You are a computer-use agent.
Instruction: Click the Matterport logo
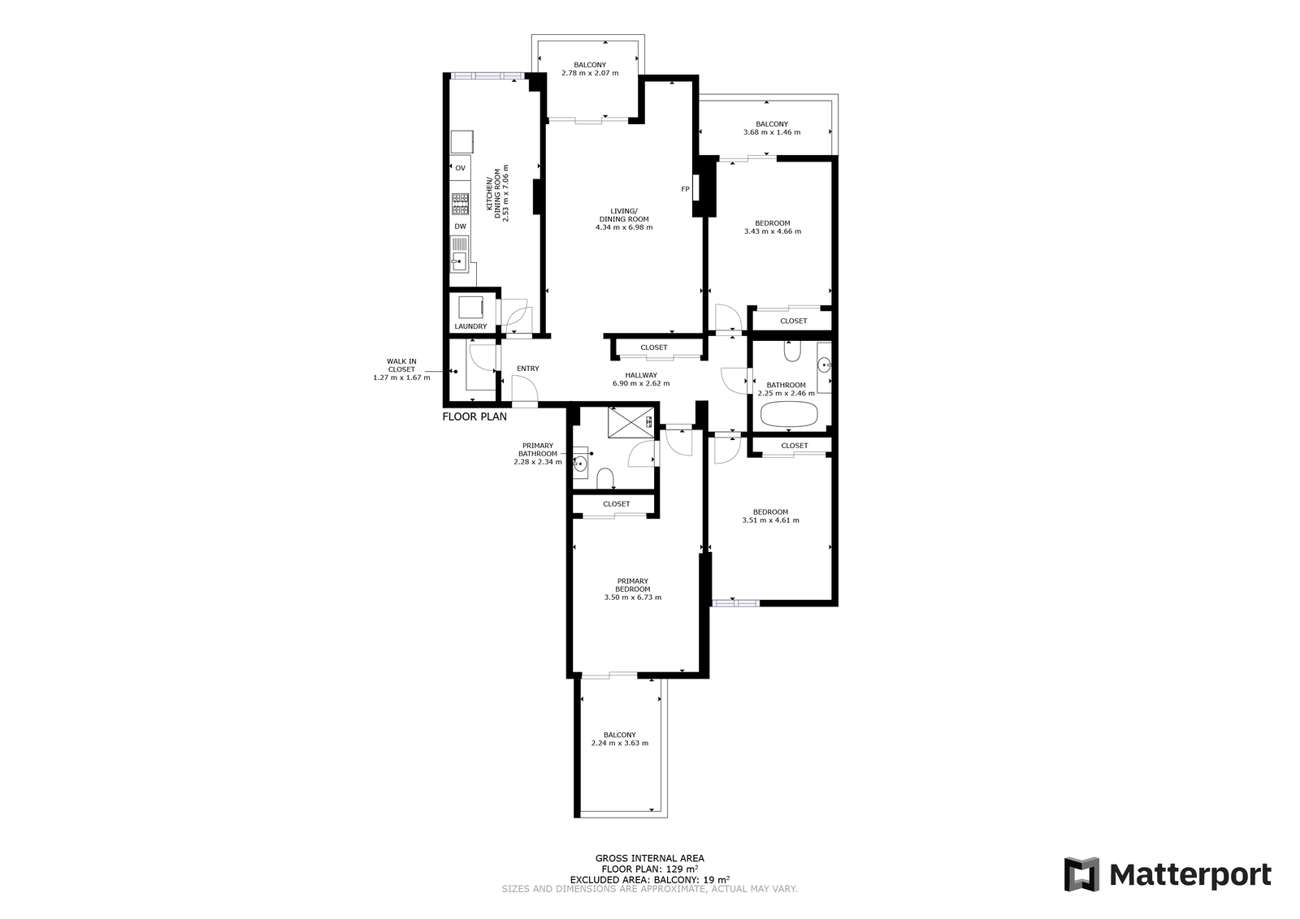[x=1168, y=874]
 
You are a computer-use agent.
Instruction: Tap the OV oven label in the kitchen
[x=460, y=168]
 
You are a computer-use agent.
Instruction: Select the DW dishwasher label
[x=460, y=227]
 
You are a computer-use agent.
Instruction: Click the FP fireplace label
[x=686, y=189]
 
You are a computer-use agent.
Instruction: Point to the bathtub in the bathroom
[x=789, y=415]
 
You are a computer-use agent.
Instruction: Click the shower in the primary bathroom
[x=630, y=422]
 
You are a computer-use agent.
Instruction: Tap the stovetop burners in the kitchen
[x=460, y=204]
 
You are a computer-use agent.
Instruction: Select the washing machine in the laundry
[x=470, y=308]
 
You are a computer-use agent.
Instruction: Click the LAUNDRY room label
[x=470, y=326]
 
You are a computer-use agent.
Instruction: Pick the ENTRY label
[x=528, y=369]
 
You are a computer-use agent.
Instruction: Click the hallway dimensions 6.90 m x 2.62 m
[x=641, y=383]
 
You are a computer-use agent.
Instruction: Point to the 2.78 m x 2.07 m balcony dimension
[x=590, y=73]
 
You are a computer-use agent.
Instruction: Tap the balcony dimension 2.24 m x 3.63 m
[x=620, y=743]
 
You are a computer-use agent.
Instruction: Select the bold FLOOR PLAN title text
[x=474, y=416]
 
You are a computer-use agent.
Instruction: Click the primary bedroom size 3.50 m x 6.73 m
[x=633, y=598]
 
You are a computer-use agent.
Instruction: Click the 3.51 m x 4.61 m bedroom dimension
[x=771, y=520]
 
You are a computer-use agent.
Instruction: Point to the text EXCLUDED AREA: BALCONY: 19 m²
[x=650, y=879]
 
